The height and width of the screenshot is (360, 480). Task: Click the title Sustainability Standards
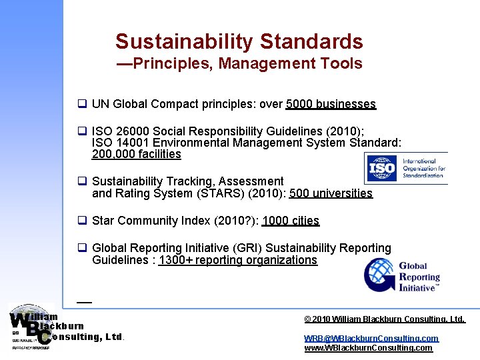pyautogui.click(x=239, y=41)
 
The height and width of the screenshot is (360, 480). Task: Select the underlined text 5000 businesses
pyautogui.click(x=331, y=104)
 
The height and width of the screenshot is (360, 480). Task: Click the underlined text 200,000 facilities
pyautogui.click(x=136, y=154)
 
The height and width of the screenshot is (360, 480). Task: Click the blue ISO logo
pyautogui.click(x=382, y=169)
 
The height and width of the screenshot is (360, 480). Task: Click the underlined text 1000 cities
pyautogui.click(x=291, y=221)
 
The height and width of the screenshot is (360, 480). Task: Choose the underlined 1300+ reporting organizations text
pyautogui.click(x=238, y=260)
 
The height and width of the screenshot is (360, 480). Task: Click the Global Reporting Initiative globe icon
pyautogui.click(x=379, y=275)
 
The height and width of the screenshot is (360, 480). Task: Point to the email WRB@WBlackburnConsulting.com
pyautogui.click(x=371, y=339)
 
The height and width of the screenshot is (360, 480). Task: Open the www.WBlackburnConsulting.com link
pyautogui.click(x=368, y=348)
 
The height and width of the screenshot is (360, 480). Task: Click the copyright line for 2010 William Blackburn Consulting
pyautogui.click(x=385, y=320)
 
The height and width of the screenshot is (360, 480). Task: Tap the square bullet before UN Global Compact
pyautogui.click(x=83, y=104)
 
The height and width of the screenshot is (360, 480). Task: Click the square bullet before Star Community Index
pyautogui.click(x=83, y=221)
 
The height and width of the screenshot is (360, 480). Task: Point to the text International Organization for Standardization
pyautogui.click(x=424, y=169)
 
